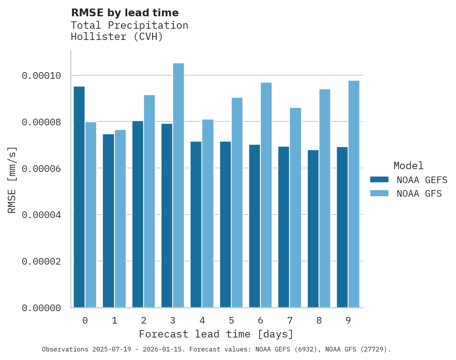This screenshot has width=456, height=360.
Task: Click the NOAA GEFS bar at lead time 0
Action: tap(79, 197)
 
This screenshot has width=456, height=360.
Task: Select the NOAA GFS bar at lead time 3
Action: tap(179, 185)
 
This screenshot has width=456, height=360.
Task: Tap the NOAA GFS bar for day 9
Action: tap(354, 194)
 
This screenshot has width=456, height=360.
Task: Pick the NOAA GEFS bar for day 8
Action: tap(313, 229)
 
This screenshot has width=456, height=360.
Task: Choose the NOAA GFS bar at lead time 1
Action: tap(120, 219)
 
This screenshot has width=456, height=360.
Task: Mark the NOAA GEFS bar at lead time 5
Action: tap(225, 225)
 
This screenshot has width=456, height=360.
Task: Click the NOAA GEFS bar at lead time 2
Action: tap(138, 214)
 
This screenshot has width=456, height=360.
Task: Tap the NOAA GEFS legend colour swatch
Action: tap(380, 179)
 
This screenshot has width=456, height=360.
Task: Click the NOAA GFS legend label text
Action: tap(419, 193)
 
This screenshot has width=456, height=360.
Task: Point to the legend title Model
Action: tap(408, 166)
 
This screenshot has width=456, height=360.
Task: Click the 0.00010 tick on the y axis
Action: tap(42, 75)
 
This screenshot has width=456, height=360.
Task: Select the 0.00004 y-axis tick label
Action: tap(42, 215)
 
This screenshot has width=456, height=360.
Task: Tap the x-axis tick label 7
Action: tap(290, 320)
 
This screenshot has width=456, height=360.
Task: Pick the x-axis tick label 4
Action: tap(202, 320)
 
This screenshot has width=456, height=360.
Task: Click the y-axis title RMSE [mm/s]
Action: tap(12, 180)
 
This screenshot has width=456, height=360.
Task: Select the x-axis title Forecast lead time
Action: tap(216, 334)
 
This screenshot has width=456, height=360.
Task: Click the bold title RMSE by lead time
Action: tap(125, 13)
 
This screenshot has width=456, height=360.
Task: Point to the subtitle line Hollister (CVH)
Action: tap(117, 37)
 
